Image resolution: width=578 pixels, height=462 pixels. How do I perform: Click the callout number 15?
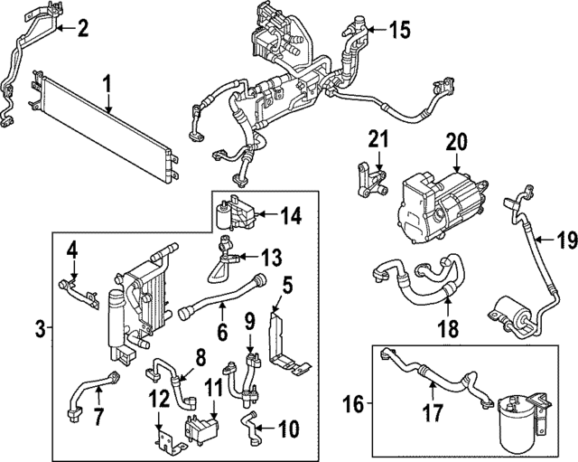[x=398, y=30]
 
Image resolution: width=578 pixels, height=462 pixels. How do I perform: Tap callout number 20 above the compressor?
[x=456, y=141]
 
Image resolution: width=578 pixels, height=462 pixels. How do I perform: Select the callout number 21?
[x=378, y=140]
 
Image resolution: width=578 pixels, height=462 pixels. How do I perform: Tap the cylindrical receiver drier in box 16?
[x=514, y=420]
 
